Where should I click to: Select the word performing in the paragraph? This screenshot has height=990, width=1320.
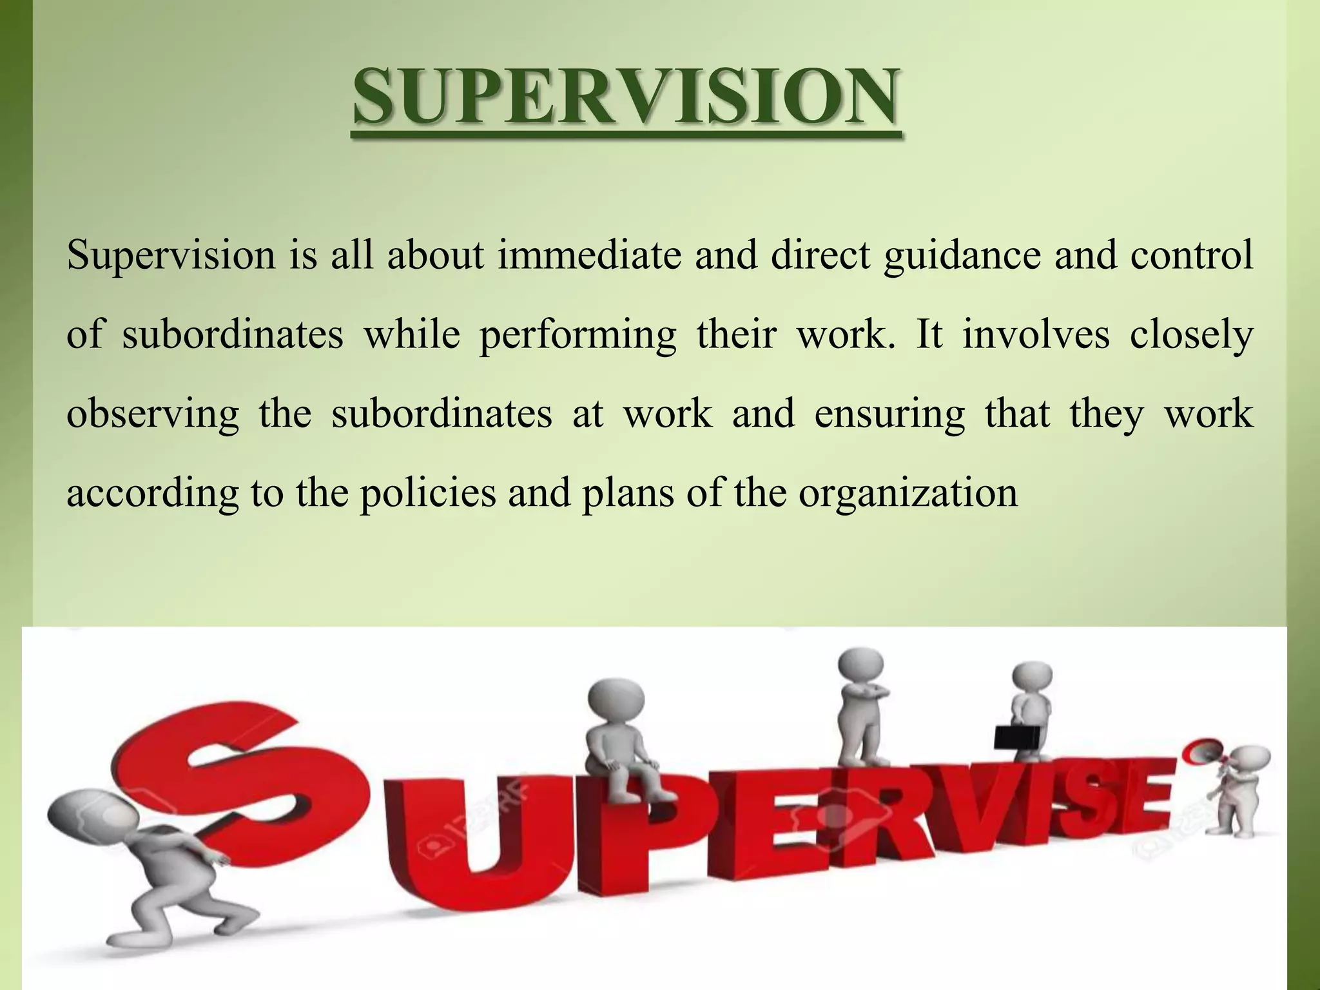tap(577, 335)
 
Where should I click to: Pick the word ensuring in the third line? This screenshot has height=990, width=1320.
tap(889, 414)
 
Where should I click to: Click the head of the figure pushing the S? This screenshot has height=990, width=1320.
tap(81, 822)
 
